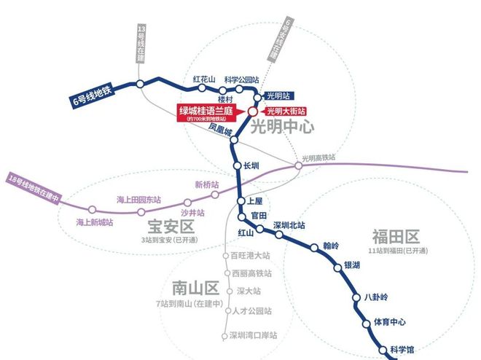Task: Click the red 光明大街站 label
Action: point(285,111)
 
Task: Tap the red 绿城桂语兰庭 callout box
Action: point(211,113)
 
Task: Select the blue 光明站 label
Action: point(281,95)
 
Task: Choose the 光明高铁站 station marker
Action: point(298,166)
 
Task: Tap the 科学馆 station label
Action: point(402,349)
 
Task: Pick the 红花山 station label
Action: point(205,79)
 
